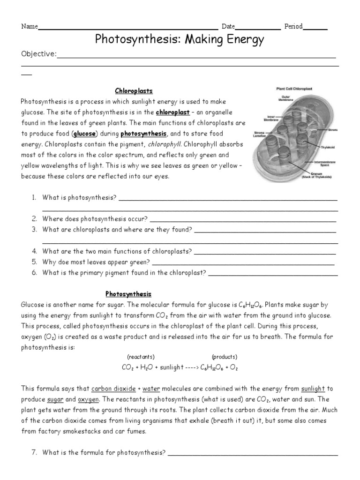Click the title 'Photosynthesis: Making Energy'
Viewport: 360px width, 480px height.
click(x=180, y=40)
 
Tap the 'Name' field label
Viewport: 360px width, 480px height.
click(x=29, y=27)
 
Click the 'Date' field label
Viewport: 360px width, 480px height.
click(x=228, y=27)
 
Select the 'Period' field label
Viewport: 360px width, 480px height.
click(x=293, y=27)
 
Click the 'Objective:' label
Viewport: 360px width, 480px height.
click(x=38, y=55)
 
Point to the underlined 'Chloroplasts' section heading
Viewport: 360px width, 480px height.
click(x=134, y=90)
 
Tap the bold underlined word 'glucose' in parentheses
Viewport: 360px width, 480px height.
click(x=84, y=134)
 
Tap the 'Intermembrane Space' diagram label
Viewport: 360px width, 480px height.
click(x=321, y=164)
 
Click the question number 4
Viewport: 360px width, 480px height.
click(x=35, y=252)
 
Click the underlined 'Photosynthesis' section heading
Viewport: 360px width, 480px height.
click(x=128, y=294)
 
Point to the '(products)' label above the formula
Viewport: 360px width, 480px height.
click(x=225, y=356)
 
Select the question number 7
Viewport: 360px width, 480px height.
click(x=35, y=452)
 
